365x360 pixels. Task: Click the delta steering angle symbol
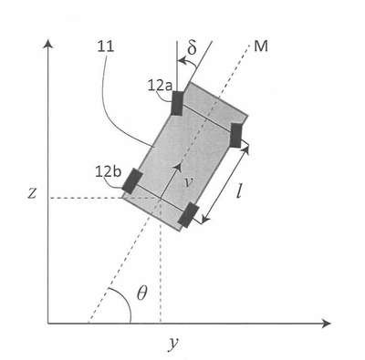click(192, 48)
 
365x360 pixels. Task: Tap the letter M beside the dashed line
click(261, 46)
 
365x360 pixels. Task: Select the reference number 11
click(106, 46)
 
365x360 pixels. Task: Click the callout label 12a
click(160, 86)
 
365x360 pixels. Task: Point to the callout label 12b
click(109, 172)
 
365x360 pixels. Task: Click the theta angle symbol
click(141, 293)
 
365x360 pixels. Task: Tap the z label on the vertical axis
click(32, 193)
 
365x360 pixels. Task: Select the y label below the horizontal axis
click(173, 344)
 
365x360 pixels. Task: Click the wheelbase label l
click(239, 190)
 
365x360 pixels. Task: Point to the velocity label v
click(189, 182)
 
